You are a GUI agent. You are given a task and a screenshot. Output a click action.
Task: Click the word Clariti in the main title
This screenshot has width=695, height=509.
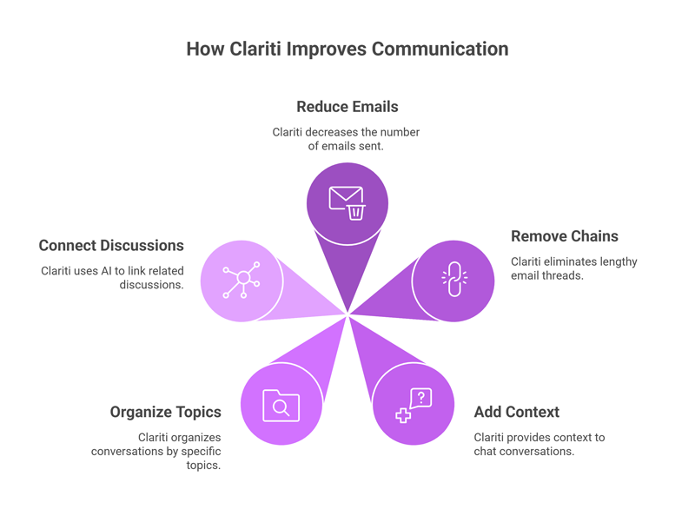click(255, 49)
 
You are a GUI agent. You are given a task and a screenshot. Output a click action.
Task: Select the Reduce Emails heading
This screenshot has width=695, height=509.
click(347, 107)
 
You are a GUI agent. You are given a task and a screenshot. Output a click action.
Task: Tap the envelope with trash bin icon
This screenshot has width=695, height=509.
click(347, 203)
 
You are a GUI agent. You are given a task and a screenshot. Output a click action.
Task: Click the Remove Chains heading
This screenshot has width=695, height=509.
click(564, 236)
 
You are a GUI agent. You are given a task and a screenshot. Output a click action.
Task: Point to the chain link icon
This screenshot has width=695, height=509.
click(454, 279)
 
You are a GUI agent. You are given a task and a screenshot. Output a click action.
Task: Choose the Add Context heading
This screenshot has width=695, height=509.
click(516, 412)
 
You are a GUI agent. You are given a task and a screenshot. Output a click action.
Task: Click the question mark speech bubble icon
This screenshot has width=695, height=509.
click(420, 398)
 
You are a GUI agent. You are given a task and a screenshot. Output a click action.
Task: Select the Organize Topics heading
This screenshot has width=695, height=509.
click(165, 412)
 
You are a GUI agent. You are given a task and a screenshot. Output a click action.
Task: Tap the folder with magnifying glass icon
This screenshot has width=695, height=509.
click(281, 406)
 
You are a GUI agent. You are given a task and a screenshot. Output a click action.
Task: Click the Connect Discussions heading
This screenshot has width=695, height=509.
click(111, 246)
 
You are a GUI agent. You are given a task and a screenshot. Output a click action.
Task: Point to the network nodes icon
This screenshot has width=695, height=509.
click(242, 280)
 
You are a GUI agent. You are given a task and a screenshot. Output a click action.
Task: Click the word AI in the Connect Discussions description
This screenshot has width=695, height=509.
click(106, 271)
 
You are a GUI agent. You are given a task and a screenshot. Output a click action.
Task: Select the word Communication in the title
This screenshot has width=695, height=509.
click(440, 49)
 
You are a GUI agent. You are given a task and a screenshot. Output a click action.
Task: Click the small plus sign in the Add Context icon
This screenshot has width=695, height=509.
click(403, 415)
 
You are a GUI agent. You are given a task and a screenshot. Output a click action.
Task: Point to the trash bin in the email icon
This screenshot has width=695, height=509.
click(356, 213)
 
